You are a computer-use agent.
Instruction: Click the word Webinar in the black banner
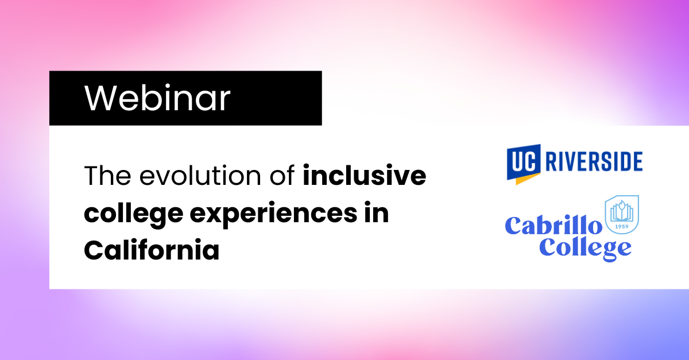coord(157,98)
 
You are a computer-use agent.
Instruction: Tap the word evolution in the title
coord(200,176)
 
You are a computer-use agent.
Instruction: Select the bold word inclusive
coord(365,175)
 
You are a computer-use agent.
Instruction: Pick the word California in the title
coord(152,250)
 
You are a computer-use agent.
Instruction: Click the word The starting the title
coord(107,175)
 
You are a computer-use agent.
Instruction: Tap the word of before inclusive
coord(282,175)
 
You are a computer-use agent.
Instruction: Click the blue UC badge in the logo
coord(524,161)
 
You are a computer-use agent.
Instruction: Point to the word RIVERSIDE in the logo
coord(594,161)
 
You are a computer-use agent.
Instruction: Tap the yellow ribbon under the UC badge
coord(528,179)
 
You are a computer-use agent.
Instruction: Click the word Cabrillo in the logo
coord(553,226)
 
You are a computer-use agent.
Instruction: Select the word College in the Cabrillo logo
coord(585,249)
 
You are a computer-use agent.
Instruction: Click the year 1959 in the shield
coord(622,226)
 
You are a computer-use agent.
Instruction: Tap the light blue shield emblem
coord(622,215)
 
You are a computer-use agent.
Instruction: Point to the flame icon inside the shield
coord(622,205)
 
